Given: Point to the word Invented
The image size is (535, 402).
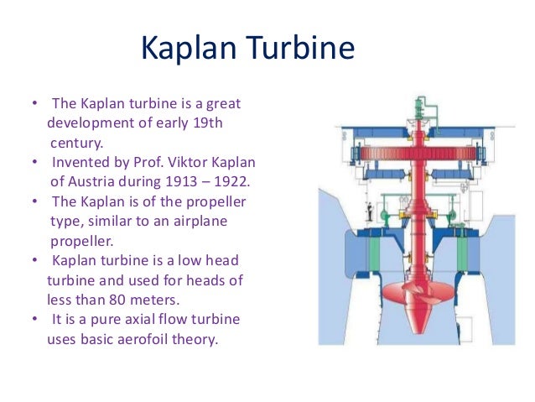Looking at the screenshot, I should point(81,161).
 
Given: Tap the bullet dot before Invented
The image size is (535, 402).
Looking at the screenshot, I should point(34,161).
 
